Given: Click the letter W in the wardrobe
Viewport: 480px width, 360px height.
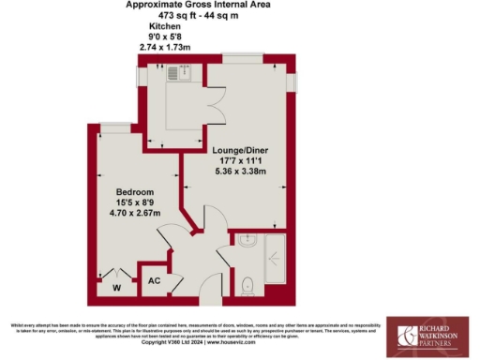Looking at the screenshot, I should (117, 288).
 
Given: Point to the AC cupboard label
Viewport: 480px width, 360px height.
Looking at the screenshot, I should (154, 279).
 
